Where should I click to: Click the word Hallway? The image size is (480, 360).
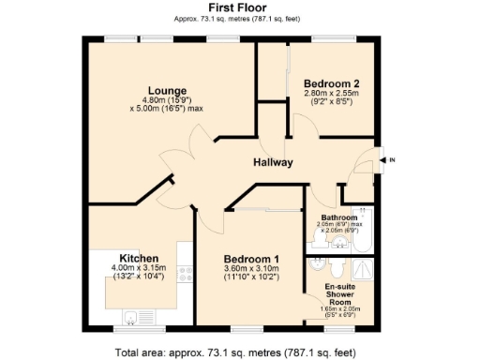(273, 162)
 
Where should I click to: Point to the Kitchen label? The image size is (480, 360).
(138, 258)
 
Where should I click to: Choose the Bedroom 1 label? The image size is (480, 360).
(250, 259)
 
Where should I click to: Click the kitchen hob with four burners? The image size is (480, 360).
(185, 273)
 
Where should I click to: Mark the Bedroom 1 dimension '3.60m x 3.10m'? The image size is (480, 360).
(250, 269)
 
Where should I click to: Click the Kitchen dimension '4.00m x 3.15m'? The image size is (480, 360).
(138, 268)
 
